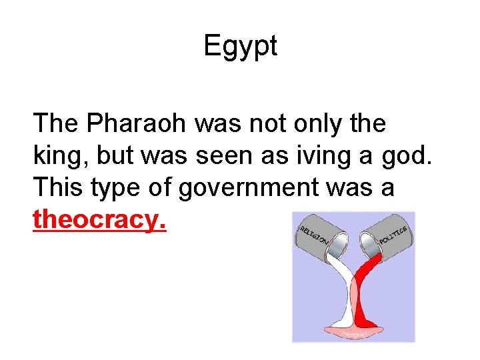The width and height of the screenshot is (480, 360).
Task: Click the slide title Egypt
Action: [x=240, y=47]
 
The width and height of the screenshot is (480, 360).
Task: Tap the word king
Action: [x=61, y=155]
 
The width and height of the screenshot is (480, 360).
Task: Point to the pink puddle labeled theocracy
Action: [x=353, y=332]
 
